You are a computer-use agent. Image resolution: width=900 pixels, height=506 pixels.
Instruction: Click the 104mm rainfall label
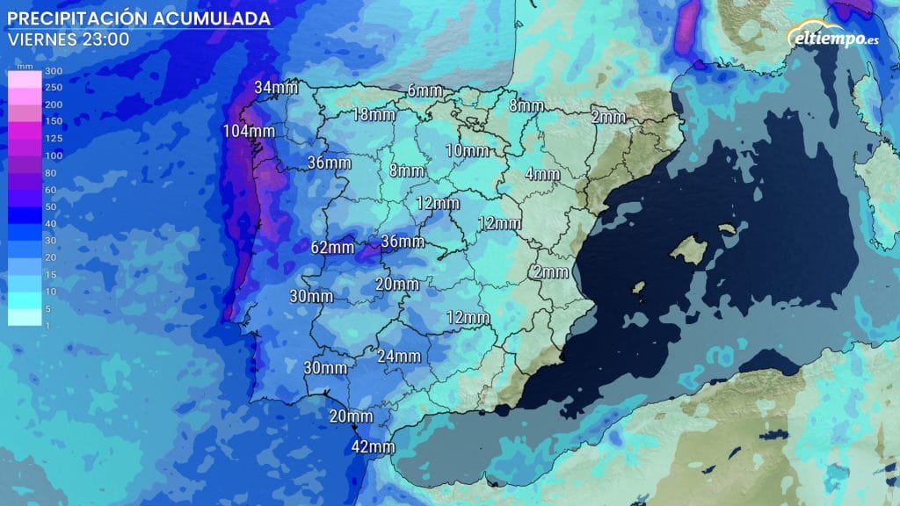(249, 132)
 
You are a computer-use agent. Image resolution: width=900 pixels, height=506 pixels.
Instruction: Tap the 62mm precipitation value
(332, 248)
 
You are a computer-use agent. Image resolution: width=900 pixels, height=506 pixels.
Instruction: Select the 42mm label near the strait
(372, 446)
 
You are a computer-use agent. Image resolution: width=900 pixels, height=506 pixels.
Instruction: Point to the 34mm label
(276, 87)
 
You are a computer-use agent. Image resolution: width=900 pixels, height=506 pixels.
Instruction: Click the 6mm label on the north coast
(425, 90)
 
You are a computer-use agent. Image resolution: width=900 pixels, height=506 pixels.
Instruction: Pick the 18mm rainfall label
(372, 115)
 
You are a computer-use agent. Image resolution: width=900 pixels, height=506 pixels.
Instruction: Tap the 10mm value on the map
(467, 151)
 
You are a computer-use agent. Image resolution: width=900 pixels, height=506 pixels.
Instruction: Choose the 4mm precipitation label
(541, 174)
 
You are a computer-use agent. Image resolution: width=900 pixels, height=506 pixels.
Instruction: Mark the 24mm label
(398, 356)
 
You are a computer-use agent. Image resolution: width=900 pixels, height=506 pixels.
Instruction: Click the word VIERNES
(41, 40)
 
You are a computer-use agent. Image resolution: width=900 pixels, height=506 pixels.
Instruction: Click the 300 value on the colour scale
(54, 70)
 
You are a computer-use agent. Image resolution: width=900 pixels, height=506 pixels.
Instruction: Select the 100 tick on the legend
(54, 155)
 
